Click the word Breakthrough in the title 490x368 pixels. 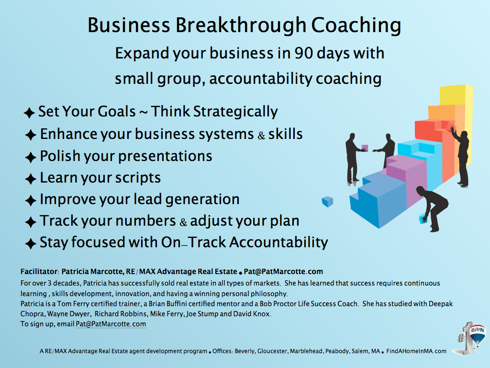[240, 25]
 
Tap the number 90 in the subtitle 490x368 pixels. [303, 53]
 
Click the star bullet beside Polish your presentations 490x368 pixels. [31, 157]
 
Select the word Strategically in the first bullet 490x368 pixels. [235, 112]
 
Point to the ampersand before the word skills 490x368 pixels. [261, 136]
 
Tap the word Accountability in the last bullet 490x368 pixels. [279, 242]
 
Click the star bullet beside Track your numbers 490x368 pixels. [31, 222]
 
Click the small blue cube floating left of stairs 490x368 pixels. [327, 202]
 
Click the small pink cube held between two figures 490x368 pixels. [365, 148]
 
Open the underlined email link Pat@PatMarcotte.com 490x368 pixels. [111, 324]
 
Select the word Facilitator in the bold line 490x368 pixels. [39, 272]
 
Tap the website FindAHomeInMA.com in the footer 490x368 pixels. [416, 351]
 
